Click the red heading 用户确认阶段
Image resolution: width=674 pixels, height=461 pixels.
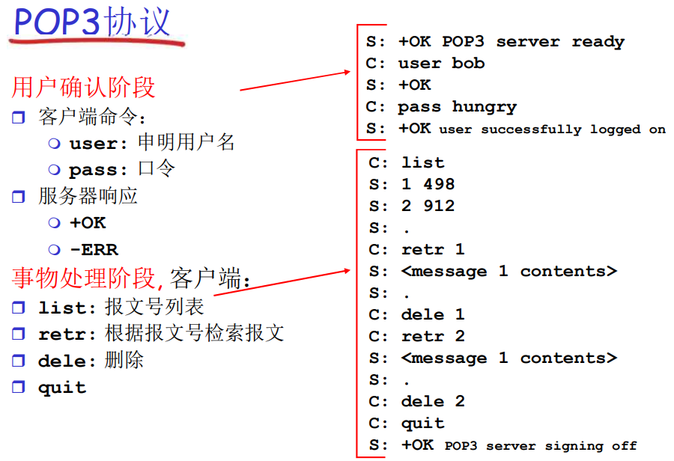84,88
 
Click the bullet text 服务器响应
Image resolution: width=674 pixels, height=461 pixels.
88,196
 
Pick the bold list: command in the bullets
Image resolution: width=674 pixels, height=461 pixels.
68,308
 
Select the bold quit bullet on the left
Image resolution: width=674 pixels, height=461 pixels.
62,388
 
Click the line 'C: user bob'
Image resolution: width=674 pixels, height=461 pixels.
425,64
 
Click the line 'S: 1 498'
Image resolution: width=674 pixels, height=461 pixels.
412,184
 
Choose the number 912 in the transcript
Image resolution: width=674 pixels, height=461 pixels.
438,206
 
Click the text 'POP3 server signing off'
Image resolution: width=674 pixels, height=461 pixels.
541,446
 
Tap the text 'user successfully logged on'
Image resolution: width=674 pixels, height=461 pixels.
552,129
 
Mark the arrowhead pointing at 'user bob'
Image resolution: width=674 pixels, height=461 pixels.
347,72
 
